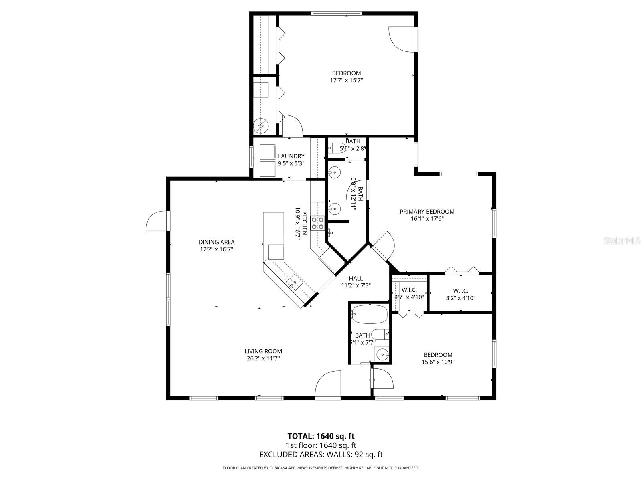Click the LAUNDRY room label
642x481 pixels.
coord(291,156)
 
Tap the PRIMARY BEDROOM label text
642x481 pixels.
coord(427,212)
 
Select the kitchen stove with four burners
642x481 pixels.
coord(318,223)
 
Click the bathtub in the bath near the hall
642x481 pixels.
coord(370,314)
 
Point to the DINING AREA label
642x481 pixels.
coord(217,242)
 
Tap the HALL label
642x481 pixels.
coord(356,278)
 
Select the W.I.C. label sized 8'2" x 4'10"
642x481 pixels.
coord(461,291)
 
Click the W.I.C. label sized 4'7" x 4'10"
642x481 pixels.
coord(409,290)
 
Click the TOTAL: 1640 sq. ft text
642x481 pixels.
coord(321,436)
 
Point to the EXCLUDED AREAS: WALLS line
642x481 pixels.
coord(321,454)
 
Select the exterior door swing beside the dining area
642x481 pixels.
coord(156,222)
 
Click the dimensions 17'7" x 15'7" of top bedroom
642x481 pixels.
coord(346,80)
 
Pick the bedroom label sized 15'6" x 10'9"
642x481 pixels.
coord(438,355)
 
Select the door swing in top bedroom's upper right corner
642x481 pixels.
coord(403,39)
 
